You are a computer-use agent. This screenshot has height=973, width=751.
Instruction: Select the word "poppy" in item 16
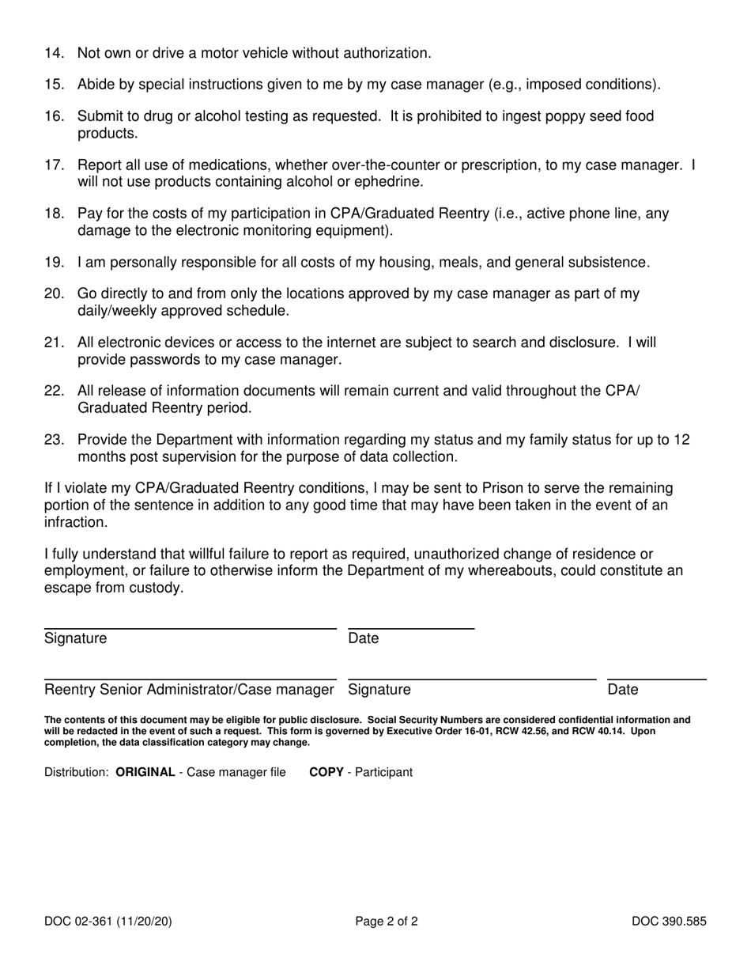click(x=553, y=116)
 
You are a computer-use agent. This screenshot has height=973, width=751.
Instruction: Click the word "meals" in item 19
click(x=487, y=263)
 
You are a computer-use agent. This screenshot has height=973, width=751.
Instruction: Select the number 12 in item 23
click(x=681, y=440)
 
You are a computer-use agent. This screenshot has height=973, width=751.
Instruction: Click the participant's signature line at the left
click(x=190, y=628)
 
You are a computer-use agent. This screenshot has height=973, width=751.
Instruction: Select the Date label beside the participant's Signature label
click(x=364, y=638)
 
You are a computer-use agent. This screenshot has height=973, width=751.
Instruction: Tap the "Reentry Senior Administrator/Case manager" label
click(x=189, y=690)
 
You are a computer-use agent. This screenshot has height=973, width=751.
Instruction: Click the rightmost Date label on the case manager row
click(x=622, y=690)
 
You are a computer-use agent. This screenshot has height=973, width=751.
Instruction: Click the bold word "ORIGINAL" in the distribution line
click(x=145, y=772)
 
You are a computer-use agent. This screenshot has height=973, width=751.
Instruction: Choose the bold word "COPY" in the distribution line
click(x=326, y=772)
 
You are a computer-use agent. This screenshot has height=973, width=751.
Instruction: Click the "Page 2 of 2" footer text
click(x=387, y=921)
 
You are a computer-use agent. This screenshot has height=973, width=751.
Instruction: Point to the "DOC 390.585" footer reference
click(x=668, y=921)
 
